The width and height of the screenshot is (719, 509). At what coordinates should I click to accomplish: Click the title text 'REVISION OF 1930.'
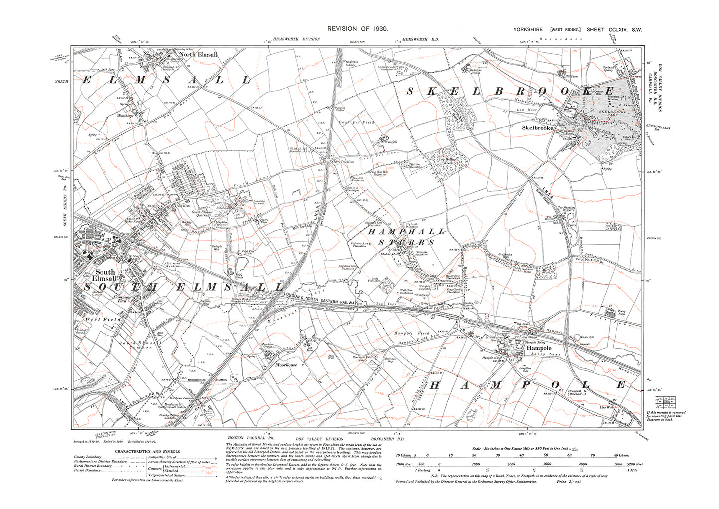coord(357,29)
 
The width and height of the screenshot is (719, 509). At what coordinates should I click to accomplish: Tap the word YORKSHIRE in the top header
coord(528,30)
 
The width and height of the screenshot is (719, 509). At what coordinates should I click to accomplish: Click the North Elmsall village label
coord(198,55)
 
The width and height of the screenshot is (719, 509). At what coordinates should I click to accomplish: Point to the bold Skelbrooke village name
coord(537,127)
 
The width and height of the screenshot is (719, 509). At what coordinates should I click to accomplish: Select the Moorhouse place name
coord(286,365)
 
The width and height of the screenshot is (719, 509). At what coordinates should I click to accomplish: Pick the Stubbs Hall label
coord(390,254)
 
